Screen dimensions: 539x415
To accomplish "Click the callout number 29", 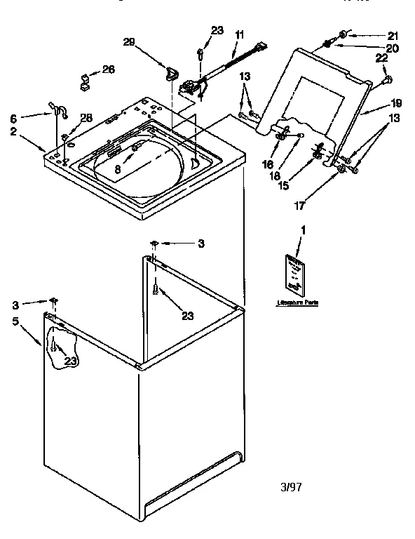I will click(x=128, y=43).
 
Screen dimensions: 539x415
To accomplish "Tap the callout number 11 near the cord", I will click(x=239, y=34).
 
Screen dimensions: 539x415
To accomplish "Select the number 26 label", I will click(x=108, y=69).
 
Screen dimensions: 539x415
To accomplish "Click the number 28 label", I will click(x=86, y=117).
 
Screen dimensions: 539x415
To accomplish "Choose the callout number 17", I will click(x=300, y=206).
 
